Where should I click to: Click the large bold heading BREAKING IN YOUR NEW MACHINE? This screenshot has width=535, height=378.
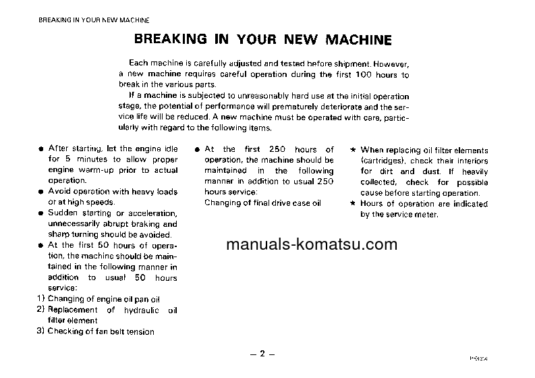coord(264,38)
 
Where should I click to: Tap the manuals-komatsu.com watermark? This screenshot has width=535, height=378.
coord(312,245)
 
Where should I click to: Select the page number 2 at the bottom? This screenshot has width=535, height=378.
coord(263,354)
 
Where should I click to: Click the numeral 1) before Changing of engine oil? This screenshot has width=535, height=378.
coord(40,298)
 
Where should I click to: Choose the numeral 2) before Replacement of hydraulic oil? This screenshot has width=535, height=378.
coord(40,309)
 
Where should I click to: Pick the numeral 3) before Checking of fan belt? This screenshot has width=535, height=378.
coord(40,331)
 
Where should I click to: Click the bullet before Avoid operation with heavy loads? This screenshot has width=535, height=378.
coord(42,192)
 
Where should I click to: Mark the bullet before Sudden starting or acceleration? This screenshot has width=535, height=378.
coord(42,214)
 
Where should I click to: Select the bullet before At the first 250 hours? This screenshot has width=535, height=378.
coord(196,150)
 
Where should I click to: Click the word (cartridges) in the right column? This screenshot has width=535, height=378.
coord(383,161)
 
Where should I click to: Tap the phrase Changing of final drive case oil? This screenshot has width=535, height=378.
coord(263,202)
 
